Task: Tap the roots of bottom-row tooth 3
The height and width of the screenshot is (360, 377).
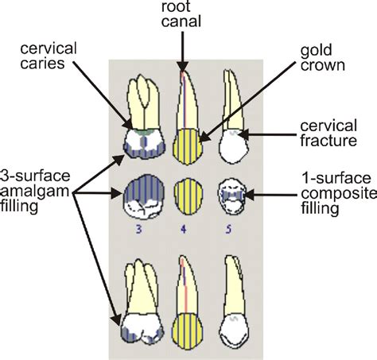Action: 138,278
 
